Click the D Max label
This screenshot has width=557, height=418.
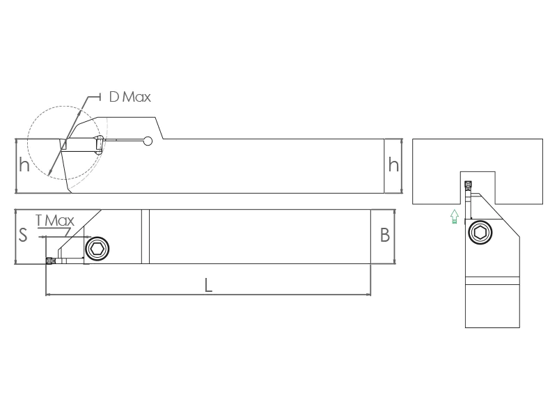click(130, 97)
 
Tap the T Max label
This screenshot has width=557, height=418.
click(55, 221)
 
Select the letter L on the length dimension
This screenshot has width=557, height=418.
click(208, 285)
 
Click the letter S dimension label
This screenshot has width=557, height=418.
click(23, 235)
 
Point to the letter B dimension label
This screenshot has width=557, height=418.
click(385, 235)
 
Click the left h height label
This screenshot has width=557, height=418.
click(24, 165)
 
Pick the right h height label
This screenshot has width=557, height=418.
click(393, 165)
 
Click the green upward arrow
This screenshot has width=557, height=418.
click(455, 217)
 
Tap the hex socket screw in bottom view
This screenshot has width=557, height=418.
click(97, 249)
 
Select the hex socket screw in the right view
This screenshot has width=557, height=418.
click(480, 233)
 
